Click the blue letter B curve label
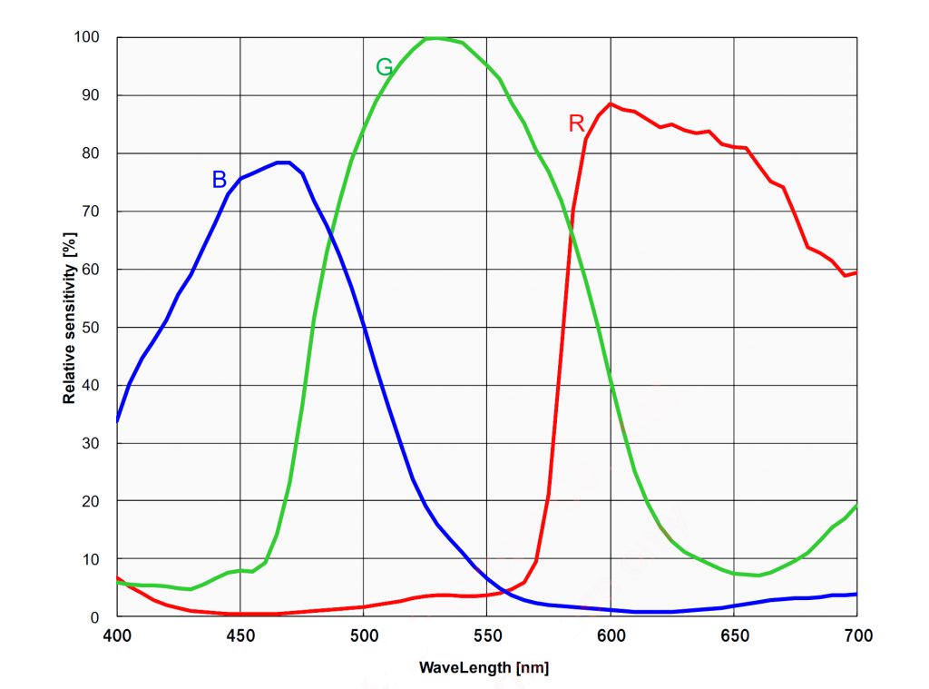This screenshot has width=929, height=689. pos(219,180)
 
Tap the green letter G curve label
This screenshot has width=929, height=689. pos(384,67)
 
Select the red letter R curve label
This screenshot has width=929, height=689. pos(576,124)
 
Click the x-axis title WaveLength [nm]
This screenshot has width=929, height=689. pos(484,668)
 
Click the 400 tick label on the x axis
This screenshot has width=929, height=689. pos(117,635)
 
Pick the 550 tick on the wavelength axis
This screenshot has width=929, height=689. pos(486,635)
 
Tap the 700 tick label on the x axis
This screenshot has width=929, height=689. pos(856,635)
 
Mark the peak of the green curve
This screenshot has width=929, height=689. pos(436,38)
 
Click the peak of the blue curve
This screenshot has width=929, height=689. pos(284,162)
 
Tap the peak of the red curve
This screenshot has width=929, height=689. pos(610,103)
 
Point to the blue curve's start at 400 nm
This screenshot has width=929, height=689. pos(117,421)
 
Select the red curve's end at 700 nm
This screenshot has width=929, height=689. pos(856,272)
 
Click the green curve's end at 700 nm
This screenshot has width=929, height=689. pos(856,507)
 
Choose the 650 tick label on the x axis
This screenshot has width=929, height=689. pos(733,635)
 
